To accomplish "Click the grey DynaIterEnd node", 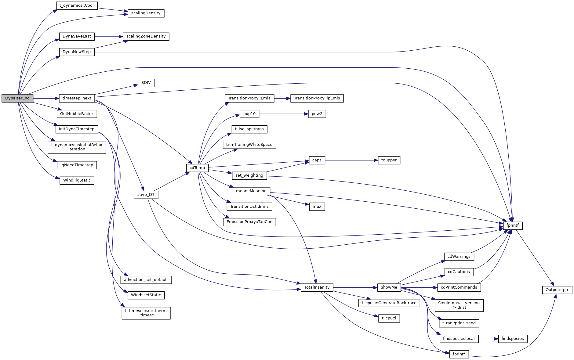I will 17,98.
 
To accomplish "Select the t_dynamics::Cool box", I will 77,5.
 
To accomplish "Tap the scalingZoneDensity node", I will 146,36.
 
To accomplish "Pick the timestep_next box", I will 77,98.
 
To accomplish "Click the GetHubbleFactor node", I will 77,114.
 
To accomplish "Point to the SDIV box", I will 146,83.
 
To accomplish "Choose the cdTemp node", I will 197,168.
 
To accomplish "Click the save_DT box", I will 146,195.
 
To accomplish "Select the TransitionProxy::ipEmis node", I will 317,98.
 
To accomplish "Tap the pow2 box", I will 317,114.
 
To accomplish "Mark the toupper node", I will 389,160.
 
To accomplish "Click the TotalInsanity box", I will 317,287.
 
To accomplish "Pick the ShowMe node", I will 389,287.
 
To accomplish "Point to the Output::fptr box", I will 557,290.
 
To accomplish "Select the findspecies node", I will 513,339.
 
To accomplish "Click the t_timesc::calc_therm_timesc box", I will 146,313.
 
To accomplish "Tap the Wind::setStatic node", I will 146,295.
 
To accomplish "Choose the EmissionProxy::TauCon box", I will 249,222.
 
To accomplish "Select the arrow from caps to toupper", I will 351,160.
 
